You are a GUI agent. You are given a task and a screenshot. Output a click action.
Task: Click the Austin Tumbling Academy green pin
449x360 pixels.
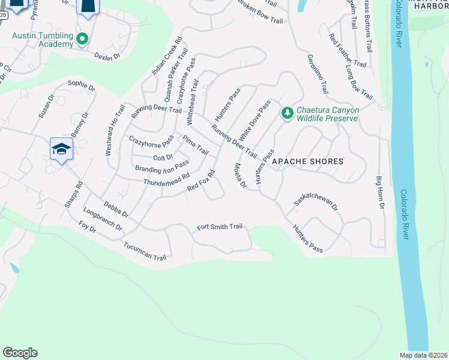[83, 40]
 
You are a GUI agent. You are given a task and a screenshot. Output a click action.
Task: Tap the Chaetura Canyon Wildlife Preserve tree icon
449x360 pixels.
[288, 113]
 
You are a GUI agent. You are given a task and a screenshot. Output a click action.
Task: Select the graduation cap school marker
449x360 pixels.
[61, 149]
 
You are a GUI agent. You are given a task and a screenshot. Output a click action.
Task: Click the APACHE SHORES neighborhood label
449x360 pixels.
[308, 161]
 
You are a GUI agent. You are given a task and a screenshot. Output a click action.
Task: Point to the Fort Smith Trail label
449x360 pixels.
[220, 227]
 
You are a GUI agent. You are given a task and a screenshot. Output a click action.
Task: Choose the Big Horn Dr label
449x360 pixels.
[379, 193]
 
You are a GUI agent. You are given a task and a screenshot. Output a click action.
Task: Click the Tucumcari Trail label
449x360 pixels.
[144, 251]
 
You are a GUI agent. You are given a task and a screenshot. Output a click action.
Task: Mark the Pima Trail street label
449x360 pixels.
[195, 145]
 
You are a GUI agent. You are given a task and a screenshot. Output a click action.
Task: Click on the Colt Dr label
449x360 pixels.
[163, 157]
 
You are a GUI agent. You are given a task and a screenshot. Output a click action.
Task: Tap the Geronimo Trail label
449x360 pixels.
[318, 74]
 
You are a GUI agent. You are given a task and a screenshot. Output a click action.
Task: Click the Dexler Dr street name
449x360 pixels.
[107, 56]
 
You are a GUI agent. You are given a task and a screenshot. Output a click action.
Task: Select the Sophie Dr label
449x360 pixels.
[82, 86]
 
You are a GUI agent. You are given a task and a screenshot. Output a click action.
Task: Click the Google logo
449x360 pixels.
[20, 353]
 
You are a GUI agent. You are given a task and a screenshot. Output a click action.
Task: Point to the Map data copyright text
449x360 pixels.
[424, 355]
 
